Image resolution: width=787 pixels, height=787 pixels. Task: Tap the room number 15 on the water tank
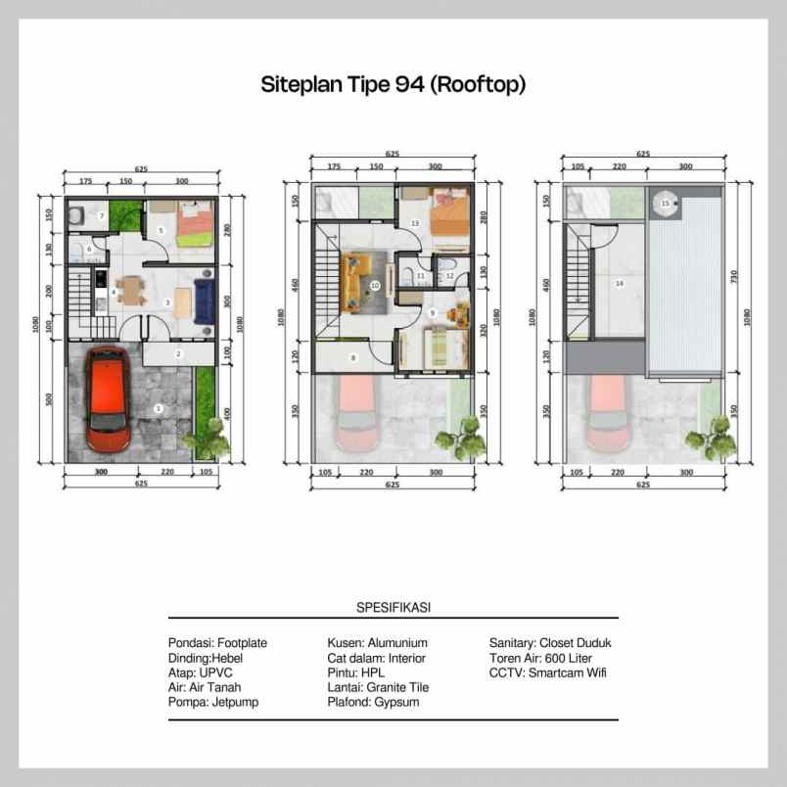pos(666,204)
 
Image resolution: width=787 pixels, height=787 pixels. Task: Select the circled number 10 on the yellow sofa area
pos(375,286)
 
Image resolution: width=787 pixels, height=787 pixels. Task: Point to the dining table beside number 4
pos(130,292)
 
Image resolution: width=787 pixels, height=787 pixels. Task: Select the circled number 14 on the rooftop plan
pos(619,284)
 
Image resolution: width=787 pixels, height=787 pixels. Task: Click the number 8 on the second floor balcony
pos(353,358)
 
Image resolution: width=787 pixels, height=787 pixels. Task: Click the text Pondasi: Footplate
pos(217,643)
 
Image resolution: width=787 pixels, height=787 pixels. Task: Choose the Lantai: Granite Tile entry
pos(380,687)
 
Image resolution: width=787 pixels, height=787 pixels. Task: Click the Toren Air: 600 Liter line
pos(541,658)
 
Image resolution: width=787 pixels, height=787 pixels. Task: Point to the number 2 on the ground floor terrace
pos(178,353)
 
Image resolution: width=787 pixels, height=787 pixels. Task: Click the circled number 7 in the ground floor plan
pos(101,215)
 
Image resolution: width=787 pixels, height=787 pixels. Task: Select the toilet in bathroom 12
pos(446,265)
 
